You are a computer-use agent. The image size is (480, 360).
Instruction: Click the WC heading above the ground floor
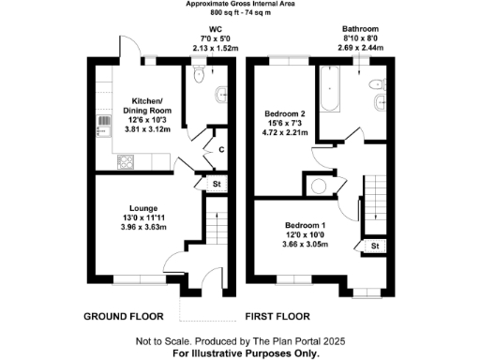(x=201, y=29)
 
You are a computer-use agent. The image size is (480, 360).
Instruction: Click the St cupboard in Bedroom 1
(x=374, y=246)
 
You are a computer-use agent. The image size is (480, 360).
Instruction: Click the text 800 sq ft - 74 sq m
(x=240, y=14)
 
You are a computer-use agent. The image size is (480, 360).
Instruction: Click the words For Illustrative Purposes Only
(x=240, y=353)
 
